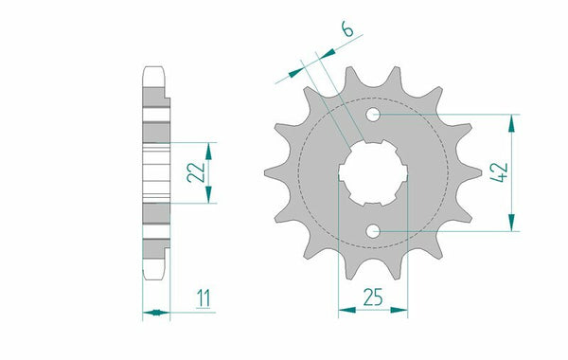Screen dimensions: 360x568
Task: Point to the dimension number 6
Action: (x=348, y=31)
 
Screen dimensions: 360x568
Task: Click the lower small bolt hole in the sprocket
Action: (x=375, y=230)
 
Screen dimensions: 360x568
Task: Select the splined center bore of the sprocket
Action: (x=373, y=173)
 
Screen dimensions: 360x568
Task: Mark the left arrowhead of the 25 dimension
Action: (x=343, y=309)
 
